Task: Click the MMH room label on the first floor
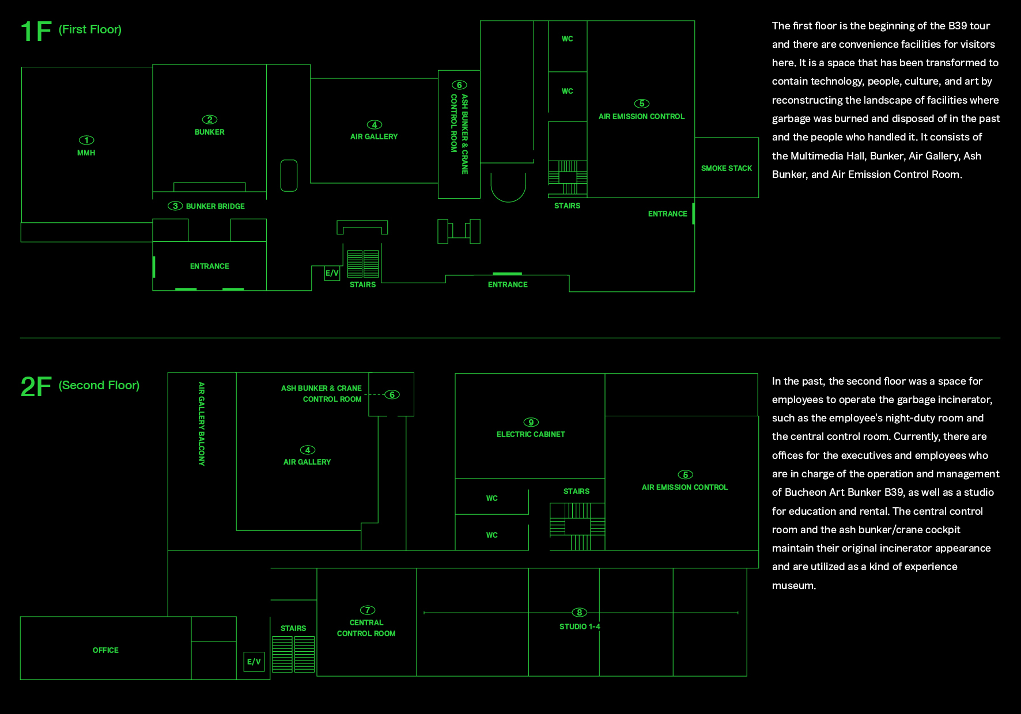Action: pyautogui.click(x=86, y=153)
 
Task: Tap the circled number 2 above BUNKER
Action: pyautogui.click(x=210, y=120)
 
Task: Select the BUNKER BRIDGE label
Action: pyautogui.click(x=215, y=206)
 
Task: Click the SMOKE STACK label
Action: pyautogui.click(x=727, y=168)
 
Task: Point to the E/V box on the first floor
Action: pyautogui.click(x=332, y=273)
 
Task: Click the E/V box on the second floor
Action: pyautogui.click(x=254, y=662)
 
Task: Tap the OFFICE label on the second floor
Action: pyautogui.click(x=105, y=650)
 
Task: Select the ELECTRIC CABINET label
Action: pyautogui.click(x=531, y=434)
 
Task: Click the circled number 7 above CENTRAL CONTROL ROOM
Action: pyautogui.click(x=368, y=610)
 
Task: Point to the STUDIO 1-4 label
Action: pyautogui.click(x=580, y=626)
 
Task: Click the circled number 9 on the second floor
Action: pyautogui.click(x=531, y=422)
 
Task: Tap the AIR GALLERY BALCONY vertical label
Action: pyautogui.click(x=201, y=424)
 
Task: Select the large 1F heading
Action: pyautogui.click(x=36, y=31)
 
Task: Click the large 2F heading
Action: pyautogui.click(x=36, y=386)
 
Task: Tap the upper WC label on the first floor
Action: pyautogui.click(x=568, y=39)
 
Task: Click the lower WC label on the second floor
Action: pyautogui.click(x=491, y=535)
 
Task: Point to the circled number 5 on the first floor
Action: pyautogui.click(x=642, y=104)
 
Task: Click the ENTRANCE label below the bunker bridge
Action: pyautogui.click(x=210, y=266)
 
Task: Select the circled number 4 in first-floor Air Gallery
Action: pyautogui.click(x=375, y=124)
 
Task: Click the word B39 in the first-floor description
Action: pyautogui.click(x=958, y=26)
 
